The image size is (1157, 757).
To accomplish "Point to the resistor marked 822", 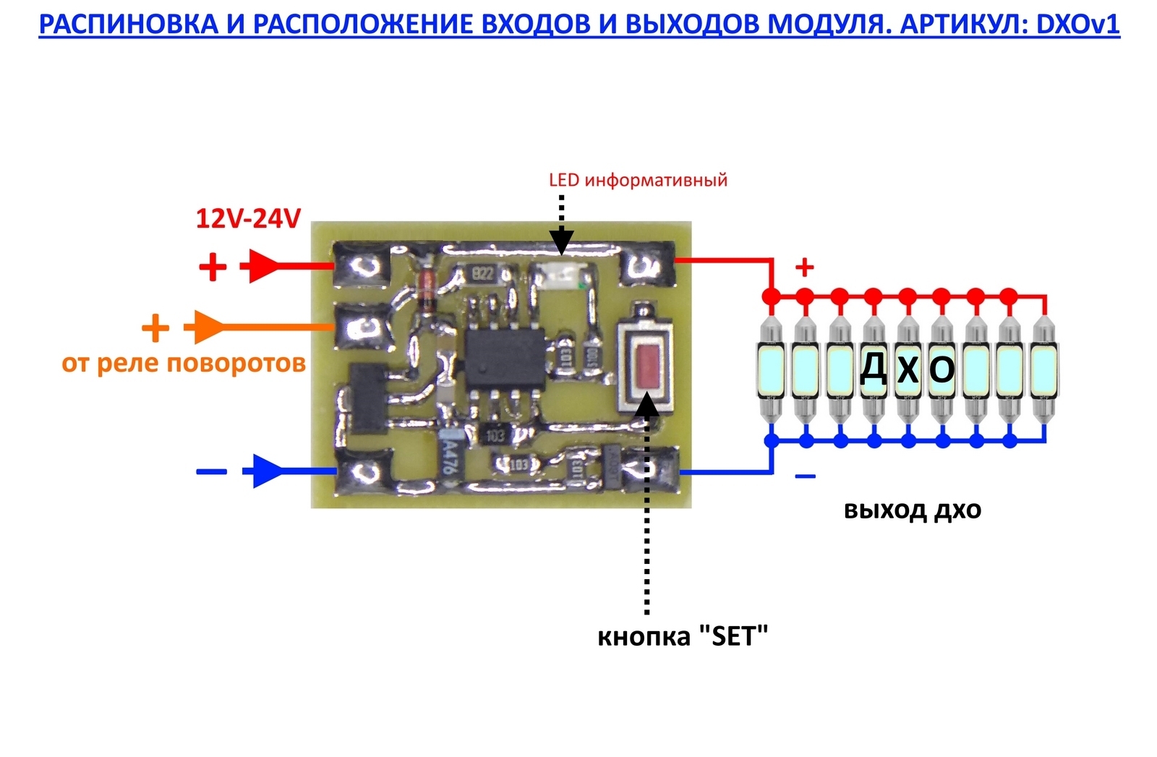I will coord(482,273).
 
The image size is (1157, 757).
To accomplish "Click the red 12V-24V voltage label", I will coord(248,218).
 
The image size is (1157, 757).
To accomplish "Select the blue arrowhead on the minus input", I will coord(263,471).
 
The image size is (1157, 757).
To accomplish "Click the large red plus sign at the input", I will coord(213,268).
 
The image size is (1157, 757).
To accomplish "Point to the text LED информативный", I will coord(638,180).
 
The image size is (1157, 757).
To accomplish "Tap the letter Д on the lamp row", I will coord(874,369).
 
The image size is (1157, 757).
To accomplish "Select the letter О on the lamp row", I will coord(942,369).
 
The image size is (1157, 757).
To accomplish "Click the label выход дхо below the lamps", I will coord(913,510).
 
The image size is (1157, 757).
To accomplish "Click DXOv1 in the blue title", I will coord(1077,25).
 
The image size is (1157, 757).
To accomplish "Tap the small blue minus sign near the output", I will coord(805,476).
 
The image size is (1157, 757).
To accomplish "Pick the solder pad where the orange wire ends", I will coord(359,328).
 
